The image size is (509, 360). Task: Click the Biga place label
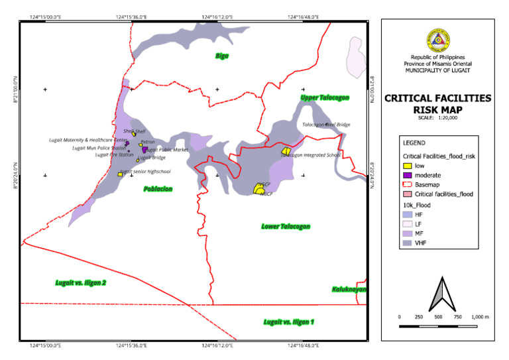pyautogui.click(x=221, y=56)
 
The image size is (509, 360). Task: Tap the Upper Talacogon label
pyautogui.click(x=324, y=98)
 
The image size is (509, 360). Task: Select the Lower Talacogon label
pyautogui.click(x=285, y=227)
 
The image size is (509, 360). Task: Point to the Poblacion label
pyautogui.click(x=158, y=189)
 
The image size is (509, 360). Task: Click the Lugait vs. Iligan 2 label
pyautogui.click(x=81, y=283)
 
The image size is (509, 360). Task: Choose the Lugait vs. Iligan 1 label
pyautogui.click(x=288, y=322)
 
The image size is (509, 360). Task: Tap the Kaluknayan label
pyautogui.click(x=349, y=289)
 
